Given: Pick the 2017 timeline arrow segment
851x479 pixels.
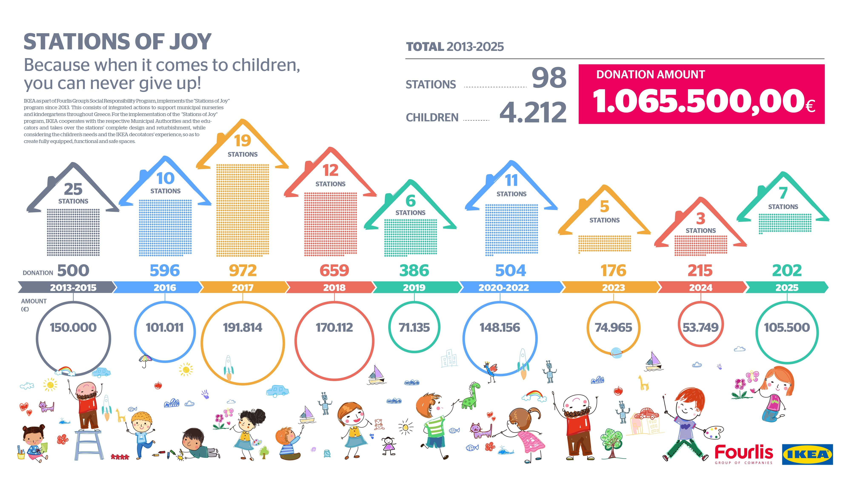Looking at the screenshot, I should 243,287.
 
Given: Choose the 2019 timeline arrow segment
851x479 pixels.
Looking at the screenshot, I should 414,287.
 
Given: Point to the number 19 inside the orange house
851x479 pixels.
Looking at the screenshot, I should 243,141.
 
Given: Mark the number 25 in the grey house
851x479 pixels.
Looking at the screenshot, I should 73,189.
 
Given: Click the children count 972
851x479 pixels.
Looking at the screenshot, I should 243,270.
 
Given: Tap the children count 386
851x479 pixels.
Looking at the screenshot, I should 414,270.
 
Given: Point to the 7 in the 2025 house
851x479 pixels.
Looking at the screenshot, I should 783,193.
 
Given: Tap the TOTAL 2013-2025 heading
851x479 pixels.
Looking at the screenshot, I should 455,47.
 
